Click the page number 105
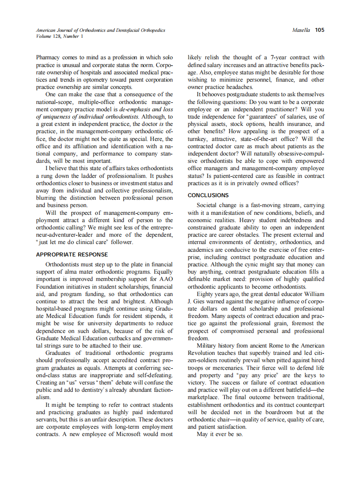click(x=319, y=30)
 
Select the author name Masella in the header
click(x=301, y=30)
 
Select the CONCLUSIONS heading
click(x=208, y=195)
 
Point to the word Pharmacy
click(x=49, y=57)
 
